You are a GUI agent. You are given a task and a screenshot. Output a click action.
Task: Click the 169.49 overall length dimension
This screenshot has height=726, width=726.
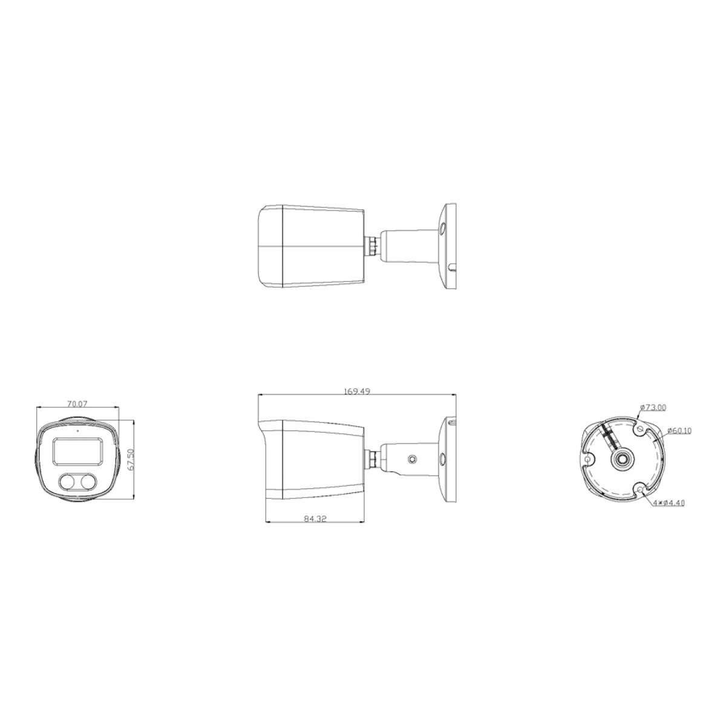[x=357, y=391]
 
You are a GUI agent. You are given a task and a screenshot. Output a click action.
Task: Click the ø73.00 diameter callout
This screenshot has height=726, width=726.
[x=653, y=407]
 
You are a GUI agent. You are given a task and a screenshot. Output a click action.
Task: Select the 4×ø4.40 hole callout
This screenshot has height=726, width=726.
[x=669, y=502]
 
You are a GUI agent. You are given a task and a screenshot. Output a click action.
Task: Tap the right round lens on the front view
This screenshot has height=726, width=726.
[x=88, y=482]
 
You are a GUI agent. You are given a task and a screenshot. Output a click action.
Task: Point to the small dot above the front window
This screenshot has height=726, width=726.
[x=77, y=431]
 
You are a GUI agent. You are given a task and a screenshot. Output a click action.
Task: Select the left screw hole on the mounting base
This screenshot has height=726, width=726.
[x=587, y=460]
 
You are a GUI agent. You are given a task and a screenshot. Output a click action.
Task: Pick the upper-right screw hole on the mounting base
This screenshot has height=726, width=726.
[x=641, y=428]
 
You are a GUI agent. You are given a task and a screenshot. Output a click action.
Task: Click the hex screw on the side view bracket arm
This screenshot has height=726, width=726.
[x=412, y=460]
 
